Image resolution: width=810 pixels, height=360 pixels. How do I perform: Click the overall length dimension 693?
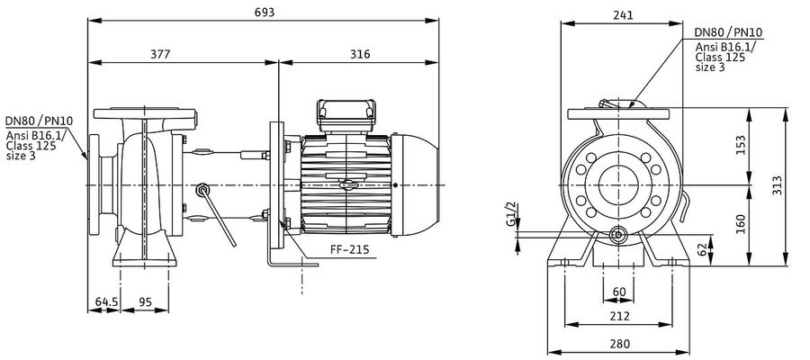tap(265, 12)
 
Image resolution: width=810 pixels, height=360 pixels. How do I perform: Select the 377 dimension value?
tap(160, 54)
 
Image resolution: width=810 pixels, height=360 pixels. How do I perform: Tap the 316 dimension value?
tap(360, 54)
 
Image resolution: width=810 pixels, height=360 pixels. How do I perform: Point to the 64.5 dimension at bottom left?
tap(105, 301)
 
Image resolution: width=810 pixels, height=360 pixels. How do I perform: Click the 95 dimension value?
tap(146, 301)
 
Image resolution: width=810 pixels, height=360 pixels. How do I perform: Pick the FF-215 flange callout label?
tap(350, 249)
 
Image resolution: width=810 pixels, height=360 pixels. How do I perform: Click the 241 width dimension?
tap(623, 15)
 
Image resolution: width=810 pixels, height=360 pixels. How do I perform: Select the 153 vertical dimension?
tap(741, 145)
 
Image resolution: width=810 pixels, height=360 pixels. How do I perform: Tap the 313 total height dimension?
tap(777, 184)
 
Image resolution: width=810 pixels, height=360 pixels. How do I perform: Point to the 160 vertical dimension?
tap(741, 223)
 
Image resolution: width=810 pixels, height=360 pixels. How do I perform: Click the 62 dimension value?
tap(701, 249)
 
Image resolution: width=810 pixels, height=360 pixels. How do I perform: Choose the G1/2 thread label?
tap(510, 214)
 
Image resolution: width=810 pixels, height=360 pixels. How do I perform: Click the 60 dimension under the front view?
tap(619, 292)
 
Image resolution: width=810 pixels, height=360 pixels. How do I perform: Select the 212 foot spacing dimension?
tap(619, 316)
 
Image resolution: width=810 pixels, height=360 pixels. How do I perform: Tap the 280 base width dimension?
tap(619, 344)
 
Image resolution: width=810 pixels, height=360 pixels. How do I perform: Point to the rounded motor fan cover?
tap(415, 184)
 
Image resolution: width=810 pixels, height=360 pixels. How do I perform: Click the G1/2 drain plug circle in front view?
tap(617, 236)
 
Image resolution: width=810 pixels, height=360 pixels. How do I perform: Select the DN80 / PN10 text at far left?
tap(40, 121)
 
